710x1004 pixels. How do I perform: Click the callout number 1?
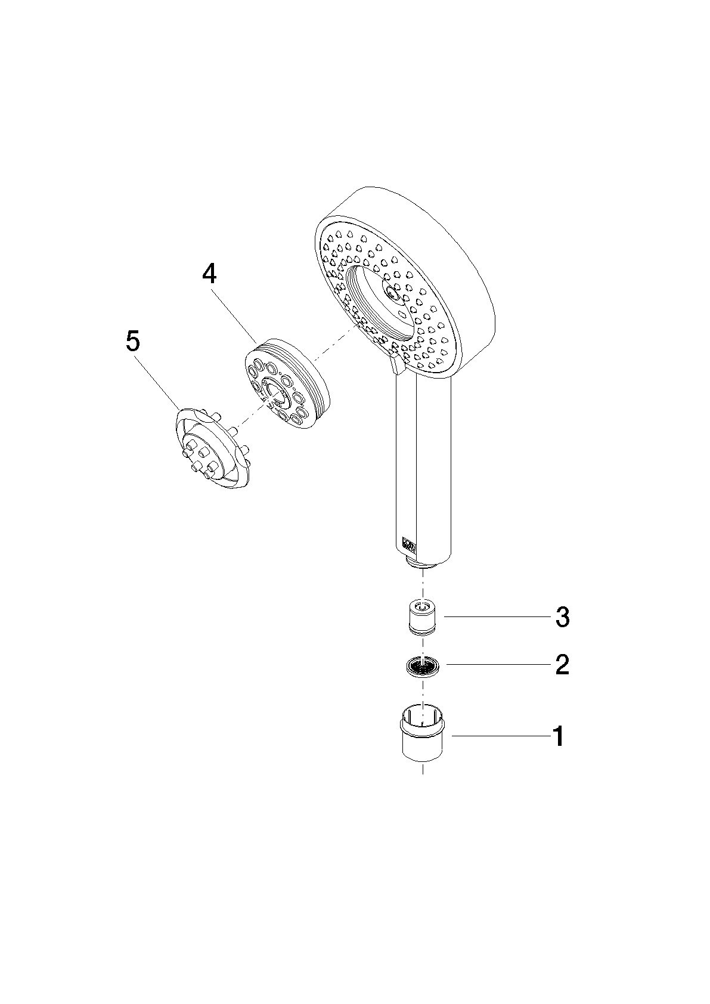(x=558, y=737)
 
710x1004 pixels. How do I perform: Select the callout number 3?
(x=563, y=618)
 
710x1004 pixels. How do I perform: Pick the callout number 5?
(x=133, y=342)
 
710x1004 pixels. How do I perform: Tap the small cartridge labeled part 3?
(x=423, y=618)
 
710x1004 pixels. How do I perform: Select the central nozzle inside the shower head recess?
(x=393, y=292)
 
